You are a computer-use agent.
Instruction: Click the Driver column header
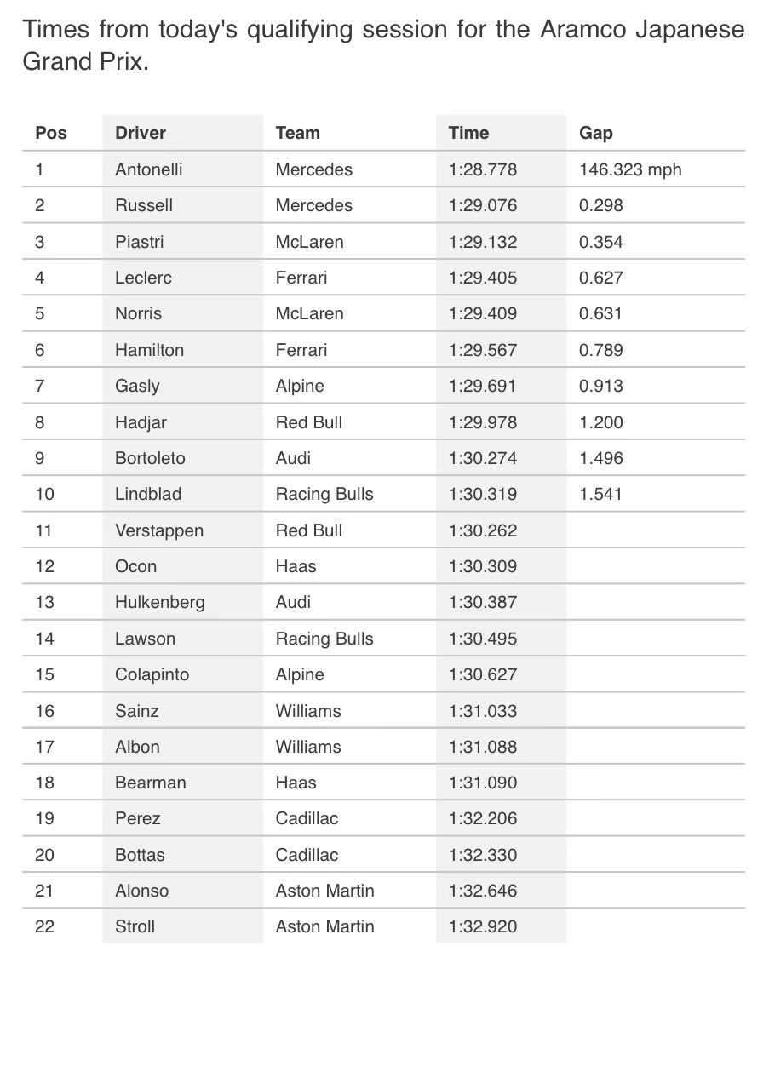click(x=141, y=133)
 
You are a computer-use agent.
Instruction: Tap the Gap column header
click(x=596, y=133)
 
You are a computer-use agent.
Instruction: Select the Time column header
click(x=468, y=133)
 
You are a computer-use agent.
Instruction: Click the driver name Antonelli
click(x=149, y=169)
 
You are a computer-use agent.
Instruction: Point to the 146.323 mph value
click(x=630, y=169)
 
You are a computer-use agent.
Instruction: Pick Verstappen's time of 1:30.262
click(x=482, y=530)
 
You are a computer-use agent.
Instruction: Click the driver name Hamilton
click(x=149, y=350)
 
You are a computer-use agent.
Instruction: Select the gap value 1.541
click(x=601, y=494)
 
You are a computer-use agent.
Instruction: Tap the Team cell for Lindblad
click(x=324, y=494)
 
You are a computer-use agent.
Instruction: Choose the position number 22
click(x=44, y=926)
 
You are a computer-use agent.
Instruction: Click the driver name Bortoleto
click(x=150, y=458)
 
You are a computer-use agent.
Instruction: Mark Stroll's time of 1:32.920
click(x=482, y=926)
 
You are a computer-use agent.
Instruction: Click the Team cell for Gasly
click(x=300, y=386)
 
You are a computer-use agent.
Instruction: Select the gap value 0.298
click(x=601, y=205)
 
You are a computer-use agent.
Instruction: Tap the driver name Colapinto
click(x=152, y=674)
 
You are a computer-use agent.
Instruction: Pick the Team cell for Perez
click(x=307, y=818)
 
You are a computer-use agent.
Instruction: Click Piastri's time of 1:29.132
click(x=482, y=242)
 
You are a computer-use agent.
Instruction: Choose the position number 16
click(x=44, y=711)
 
